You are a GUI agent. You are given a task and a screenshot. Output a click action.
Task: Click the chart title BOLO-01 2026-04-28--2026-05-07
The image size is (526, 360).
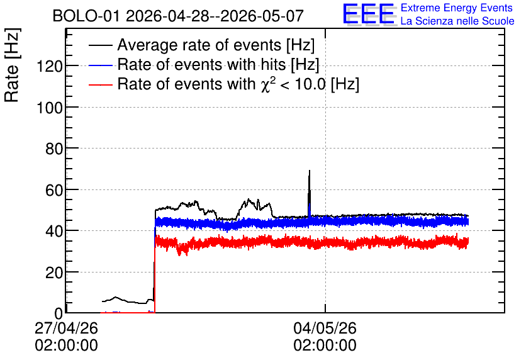click(178, 16)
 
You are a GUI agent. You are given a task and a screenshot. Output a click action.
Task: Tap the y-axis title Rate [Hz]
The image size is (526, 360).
click(12, 65)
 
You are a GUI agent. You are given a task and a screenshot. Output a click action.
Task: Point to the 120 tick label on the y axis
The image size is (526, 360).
click(50, 67)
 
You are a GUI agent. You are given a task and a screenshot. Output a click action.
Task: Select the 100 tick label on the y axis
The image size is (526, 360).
click(50, 108)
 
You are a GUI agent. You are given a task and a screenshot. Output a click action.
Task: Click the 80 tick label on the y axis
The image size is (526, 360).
click(54, 149)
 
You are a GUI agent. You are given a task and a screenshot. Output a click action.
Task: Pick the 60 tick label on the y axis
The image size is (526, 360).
click(54, 190)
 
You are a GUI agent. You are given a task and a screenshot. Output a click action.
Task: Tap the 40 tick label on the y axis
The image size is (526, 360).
click(54, 231)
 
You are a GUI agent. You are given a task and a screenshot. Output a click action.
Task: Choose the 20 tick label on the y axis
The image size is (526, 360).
click(54, 273)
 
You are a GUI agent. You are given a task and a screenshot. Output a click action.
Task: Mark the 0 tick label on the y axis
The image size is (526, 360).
click(59, 313)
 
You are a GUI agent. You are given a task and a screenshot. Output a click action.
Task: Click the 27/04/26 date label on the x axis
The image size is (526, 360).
click(67, 328)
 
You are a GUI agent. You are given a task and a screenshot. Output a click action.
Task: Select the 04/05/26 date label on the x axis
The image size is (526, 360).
click(325, 328)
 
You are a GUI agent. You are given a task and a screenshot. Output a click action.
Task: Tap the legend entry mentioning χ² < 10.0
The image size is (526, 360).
click(238, 84)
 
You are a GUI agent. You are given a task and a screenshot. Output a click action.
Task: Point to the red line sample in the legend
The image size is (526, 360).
click(101, 85)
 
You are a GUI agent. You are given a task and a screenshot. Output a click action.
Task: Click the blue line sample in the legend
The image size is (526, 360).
click(101, 65)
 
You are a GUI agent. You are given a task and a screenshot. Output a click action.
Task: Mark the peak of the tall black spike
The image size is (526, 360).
click(310, 171)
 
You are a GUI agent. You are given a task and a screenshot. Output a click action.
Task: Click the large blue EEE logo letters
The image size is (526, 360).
click(369, 14)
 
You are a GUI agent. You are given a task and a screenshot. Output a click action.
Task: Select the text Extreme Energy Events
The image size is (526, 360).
click(457, 8)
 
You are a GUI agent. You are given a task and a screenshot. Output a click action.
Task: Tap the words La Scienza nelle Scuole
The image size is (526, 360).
click(457, 21)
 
